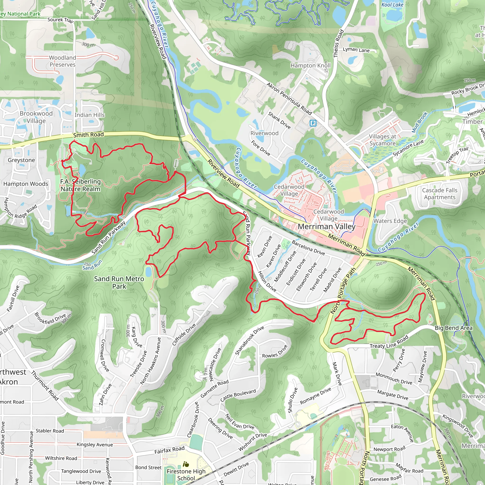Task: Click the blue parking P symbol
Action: pos(313,123)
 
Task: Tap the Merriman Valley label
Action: pos(326,227)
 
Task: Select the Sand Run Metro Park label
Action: pos(119,283)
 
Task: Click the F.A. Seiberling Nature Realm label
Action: pos(80,185)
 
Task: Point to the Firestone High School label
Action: pos(186,475)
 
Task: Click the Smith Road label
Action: pos(88,135)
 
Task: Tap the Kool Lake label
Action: pos(392,5)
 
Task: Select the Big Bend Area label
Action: pos(453,328)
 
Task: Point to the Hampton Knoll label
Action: pos(310,66)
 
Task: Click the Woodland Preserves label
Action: pos(63,61)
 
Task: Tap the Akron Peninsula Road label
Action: pos(289,99)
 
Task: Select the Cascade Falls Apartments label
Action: pos(440,194)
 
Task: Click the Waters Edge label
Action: pos(390,221)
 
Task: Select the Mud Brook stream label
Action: pos(419,122)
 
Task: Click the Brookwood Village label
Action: pos(36,117)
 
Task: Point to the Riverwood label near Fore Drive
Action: pos(264,133)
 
